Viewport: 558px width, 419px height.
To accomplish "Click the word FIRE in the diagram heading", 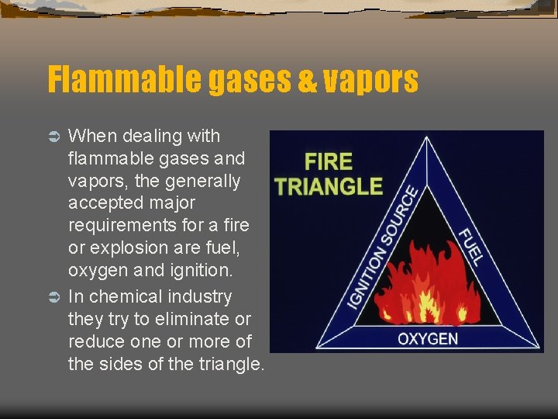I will tap(329, 162).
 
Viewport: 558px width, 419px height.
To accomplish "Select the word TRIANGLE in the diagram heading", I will tap(329, 185).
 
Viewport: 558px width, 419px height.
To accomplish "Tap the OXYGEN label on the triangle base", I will tap(427, 339).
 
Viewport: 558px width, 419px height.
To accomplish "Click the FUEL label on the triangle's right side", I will tap(470, 247).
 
